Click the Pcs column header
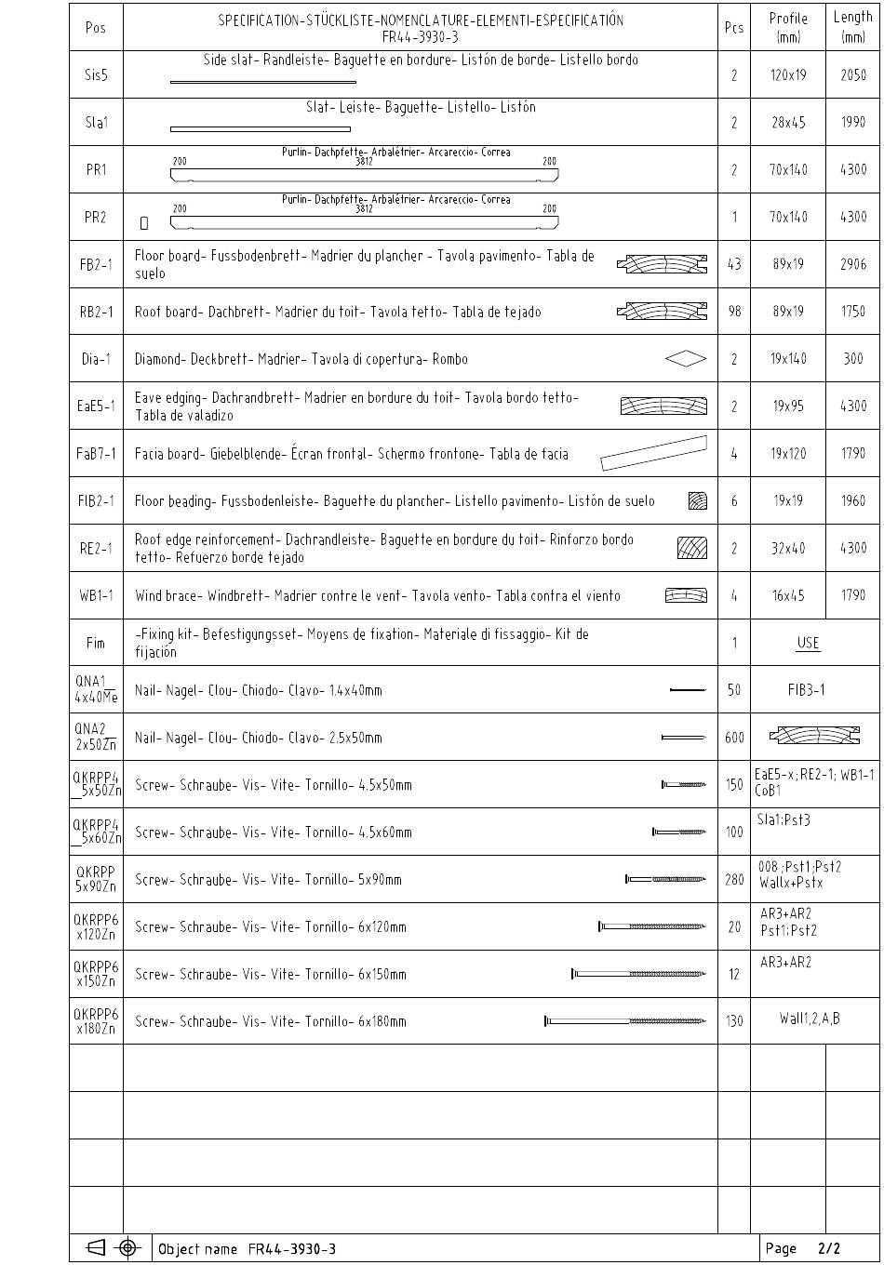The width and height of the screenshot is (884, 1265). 734,28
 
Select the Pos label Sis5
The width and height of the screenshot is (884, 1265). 96,75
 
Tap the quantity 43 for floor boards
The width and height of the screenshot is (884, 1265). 734,264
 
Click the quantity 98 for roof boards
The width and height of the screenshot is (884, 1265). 734,312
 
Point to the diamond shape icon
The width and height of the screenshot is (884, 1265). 686,359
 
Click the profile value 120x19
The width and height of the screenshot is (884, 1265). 788,75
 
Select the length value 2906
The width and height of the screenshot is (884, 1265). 853,264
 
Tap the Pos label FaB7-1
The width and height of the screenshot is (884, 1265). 96,454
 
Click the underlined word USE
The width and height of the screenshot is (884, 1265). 808,643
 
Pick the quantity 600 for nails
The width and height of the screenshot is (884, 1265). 734,738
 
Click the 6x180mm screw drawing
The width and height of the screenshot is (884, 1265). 624,1021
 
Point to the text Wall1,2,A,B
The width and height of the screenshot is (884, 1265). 810,1019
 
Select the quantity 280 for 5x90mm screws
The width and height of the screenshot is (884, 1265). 734,880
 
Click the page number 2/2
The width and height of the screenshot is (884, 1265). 829,1248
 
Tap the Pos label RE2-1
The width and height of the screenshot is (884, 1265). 96,549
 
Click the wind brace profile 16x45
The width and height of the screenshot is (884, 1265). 788,595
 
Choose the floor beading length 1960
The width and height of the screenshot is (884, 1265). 853,500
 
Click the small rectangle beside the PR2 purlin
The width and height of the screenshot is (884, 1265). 144,223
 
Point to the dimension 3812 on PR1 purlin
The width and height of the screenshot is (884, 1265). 365,161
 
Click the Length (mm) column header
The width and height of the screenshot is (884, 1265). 853,27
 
